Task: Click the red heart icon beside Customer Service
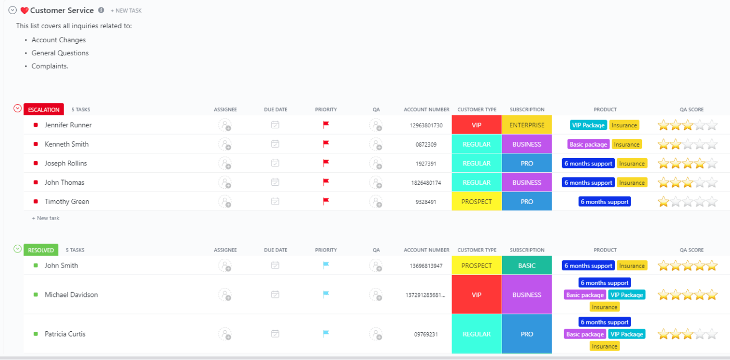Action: (x=25, y=10)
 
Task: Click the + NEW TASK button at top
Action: (x=126, y=10)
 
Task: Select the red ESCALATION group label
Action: (x=44, y=110)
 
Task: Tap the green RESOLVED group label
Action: (x=41, y=250)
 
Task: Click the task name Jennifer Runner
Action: (x=68, y=125)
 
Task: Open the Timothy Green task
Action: (x=67, y=201)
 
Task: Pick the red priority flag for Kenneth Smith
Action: (x=326, y=144)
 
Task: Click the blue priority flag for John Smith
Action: (x=326, y=265)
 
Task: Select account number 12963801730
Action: (x=426, y=125)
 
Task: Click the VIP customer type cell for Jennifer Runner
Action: (x=477, y=125)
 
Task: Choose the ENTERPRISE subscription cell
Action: (x=527, y=125)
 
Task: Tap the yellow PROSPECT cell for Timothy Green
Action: (x=477, y=201)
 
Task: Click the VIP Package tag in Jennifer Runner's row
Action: (x=588, y=125)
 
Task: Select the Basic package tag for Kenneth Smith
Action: (x=588, y=145)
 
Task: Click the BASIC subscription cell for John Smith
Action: (x=527, y=266)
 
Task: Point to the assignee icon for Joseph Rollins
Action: (x=225, y=163)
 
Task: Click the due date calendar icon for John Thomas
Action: (x=275, y=182)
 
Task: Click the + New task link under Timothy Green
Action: (x=46, y=218)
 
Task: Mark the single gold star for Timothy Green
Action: (x=663, y=201)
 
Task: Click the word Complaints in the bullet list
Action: (x=50, y=66)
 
